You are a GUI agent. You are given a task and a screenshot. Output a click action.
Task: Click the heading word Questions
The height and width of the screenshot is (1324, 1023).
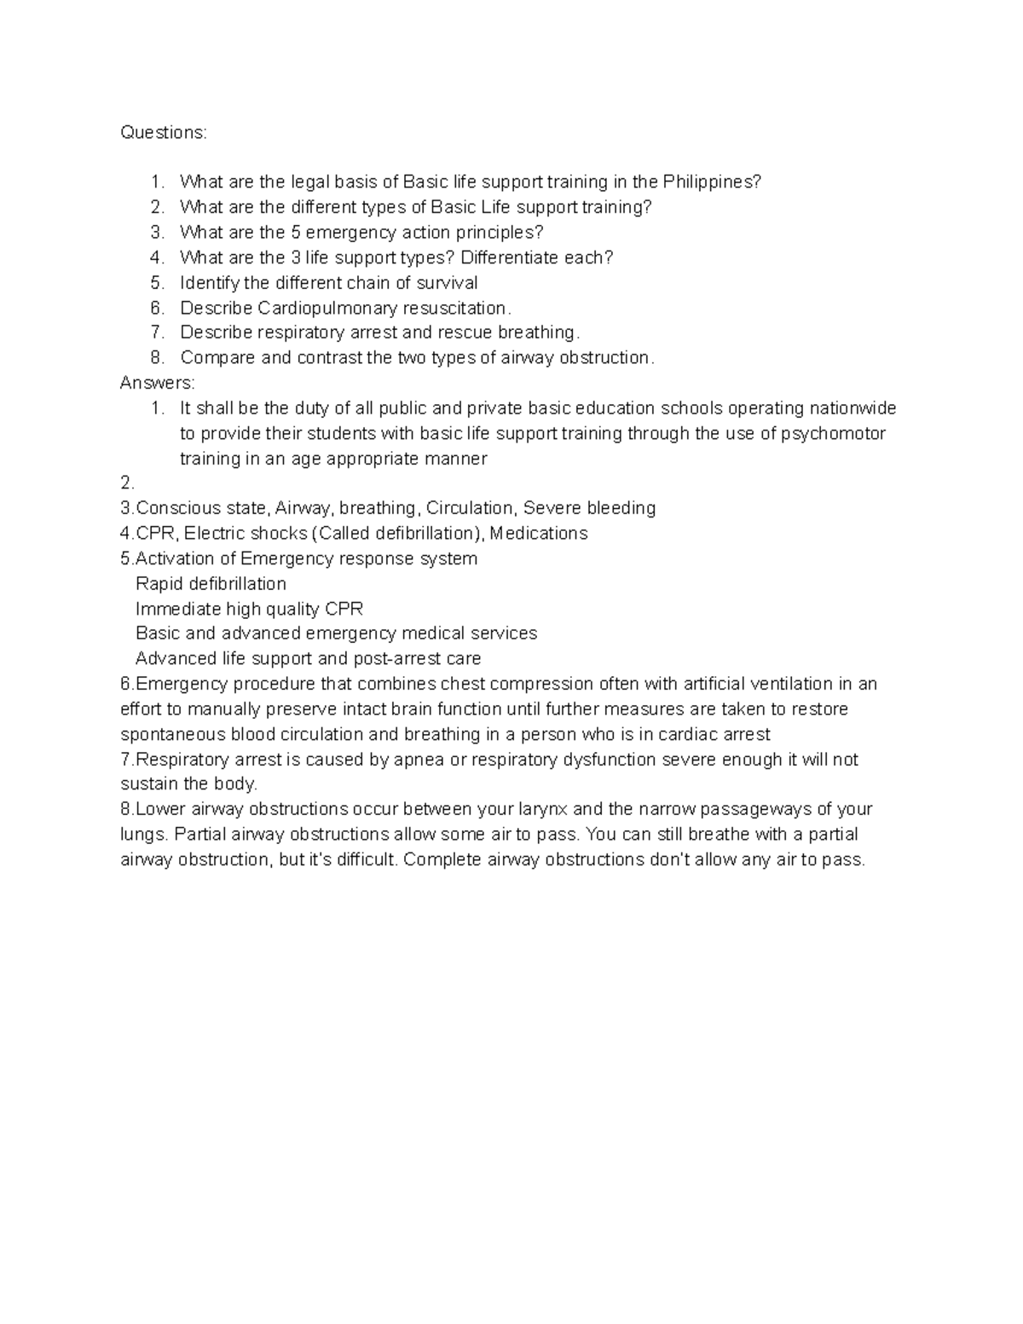[x=163, y=132]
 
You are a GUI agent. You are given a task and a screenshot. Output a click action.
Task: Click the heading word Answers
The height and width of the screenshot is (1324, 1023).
[x=157, y=383]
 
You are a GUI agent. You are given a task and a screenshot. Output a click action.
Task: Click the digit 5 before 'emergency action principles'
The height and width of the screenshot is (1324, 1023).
[x=296, y=232]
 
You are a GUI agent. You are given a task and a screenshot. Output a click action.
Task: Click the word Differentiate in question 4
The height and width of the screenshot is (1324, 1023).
[x=509, y=257]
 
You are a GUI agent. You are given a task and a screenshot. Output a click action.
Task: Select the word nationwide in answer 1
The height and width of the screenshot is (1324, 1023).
[x=852, y=408]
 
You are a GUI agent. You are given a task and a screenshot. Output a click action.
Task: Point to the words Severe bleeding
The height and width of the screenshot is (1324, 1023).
[x=589, y=508]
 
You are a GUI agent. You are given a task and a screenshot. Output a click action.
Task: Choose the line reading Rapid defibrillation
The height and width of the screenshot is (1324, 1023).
[x=211, y=584]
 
